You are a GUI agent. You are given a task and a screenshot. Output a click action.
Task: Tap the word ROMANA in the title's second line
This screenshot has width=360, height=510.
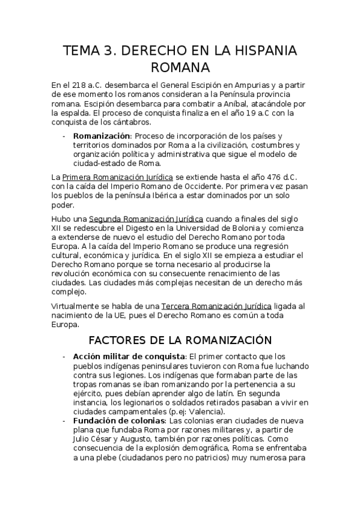[180, 66]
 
